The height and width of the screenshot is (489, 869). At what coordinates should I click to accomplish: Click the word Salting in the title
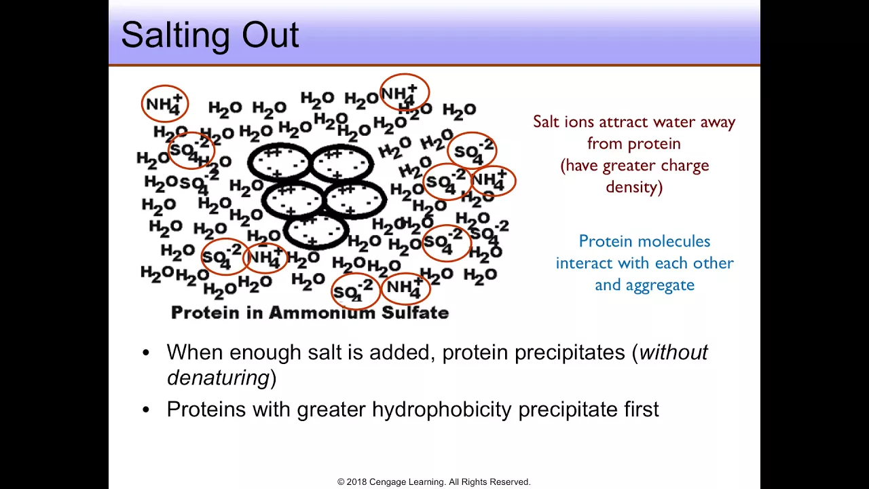coord(175,36)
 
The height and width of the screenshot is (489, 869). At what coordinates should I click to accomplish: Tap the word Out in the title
coord(270,35)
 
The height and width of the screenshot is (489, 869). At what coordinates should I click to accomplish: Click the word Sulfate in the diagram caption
coord(415,313)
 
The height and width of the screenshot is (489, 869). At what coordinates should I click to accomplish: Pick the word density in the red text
coord(634,187)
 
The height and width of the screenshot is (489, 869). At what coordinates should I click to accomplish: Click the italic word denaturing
coord(218,377)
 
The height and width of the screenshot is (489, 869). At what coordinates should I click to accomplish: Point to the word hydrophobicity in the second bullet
coord(442,410)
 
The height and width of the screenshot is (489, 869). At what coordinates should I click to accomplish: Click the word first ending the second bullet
coord(642,409)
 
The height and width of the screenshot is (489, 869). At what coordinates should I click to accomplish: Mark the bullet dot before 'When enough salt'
coord(146,353)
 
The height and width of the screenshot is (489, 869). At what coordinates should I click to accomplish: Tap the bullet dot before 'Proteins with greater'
coord(146,410)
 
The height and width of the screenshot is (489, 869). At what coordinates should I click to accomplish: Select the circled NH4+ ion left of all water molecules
coord(165,103)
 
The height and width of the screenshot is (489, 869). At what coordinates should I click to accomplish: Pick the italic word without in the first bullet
coord(673,352)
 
